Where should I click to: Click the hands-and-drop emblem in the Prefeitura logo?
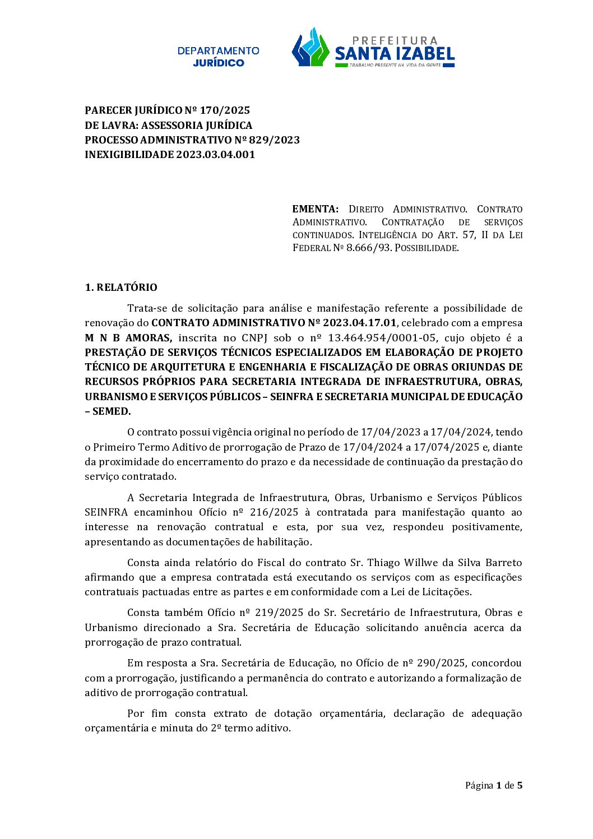(x=310, y=48)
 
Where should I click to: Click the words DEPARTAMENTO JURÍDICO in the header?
(x=218, y=57)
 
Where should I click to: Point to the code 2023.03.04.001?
(x=216, y=155)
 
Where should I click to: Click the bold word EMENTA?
(x=315, y=209)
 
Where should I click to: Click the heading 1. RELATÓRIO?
(x=121, y=288)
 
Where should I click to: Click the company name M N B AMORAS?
(x=128, y=338)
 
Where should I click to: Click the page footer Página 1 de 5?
(x=493, y=785)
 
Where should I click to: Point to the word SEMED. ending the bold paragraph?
(x=111, y=411)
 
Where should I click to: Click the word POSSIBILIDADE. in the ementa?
(x=427, y=248)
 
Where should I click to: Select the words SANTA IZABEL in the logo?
(x=395, y=54)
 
